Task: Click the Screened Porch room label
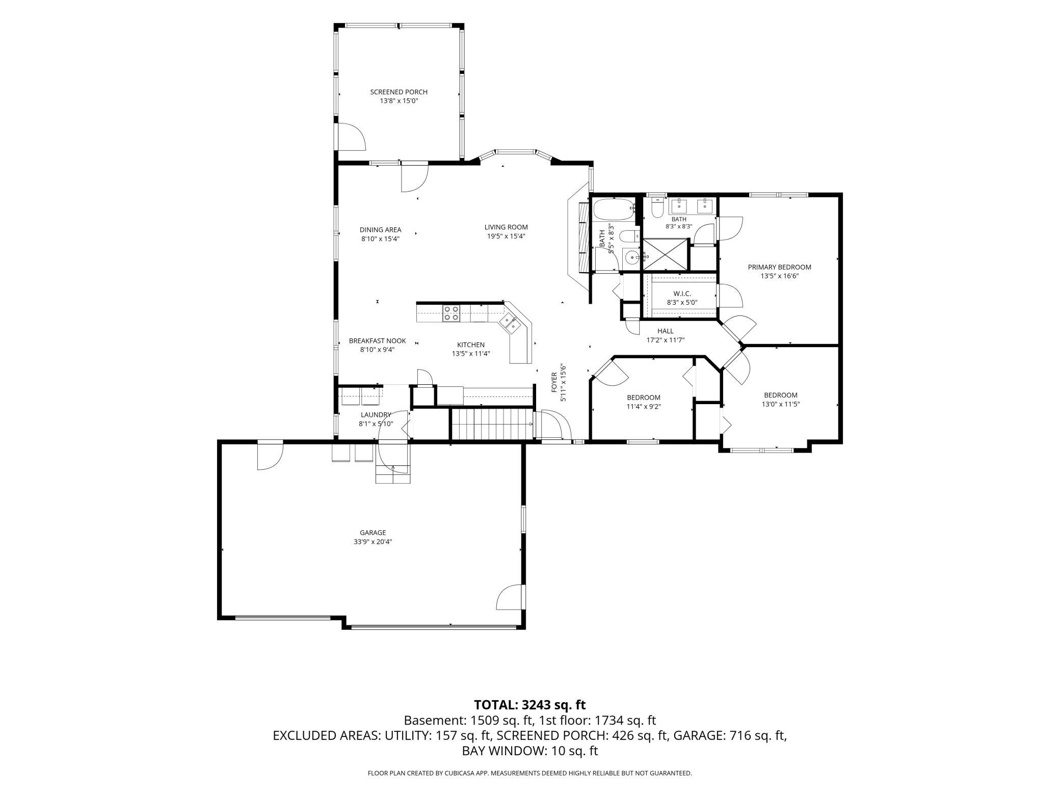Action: (x=399, y=92)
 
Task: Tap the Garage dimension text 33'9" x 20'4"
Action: (x=373, y=542)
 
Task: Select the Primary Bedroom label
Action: (x=779, y=267)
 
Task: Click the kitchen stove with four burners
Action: (x=450, y=313)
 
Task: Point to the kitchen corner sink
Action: (x=510, y=322)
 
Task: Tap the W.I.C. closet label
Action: (x=682, y=294)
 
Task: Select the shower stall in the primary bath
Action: (x=665, y=254)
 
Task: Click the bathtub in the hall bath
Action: (x=614, y=210)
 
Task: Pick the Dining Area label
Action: (x=380, y=230)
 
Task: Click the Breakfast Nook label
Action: (x=377, y=341)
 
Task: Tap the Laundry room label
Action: (x=376, y=415)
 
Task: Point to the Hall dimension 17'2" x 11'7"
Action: (x=666, y=340)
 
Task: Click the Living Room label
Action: (x=506, y=227)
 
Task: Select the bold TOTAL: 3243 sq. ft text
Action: (x=530, y=705)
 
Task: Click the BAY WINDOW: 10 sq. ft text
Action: (x=530, y=751)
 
